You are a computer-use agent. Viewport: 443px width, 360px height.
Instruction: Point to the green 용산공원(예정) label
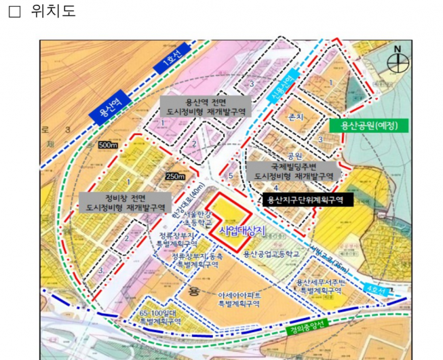pyautogui.click(x=370, y=125)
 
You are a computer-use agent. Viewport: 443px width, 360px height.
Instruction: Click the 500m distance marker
pyautogui.click(x=108, y=145)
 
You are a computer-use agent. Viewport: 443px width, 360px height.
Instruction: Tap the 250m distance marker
pyautogui.click(x=175, y=177)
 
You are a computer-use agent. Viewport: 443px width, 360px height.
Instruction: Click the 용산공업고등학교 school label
pyautogui.click(x=271, y=254)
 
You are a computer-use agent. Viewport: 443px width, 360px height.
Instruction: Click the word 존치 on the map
pyautogui.click(x=296, y=117)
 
